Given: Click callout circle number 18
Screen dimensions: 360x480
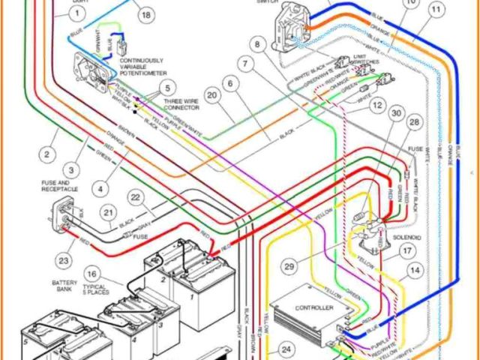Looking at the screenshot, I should tap(145, 15).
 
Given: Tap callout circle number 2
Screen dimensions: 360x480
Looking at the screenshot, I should tap(46, 155).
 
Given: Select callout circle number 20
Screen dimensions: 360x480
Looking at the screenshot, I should tap(213, 95).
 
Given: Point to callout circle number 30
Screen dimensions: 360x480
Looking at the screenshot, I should tap(396, 113).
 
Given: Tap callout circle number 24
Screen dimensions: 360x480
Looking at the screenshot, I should tap(285, 349).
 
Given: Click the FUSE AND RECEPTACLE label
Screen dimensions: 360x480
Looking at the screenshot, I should tap(59, 185).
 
